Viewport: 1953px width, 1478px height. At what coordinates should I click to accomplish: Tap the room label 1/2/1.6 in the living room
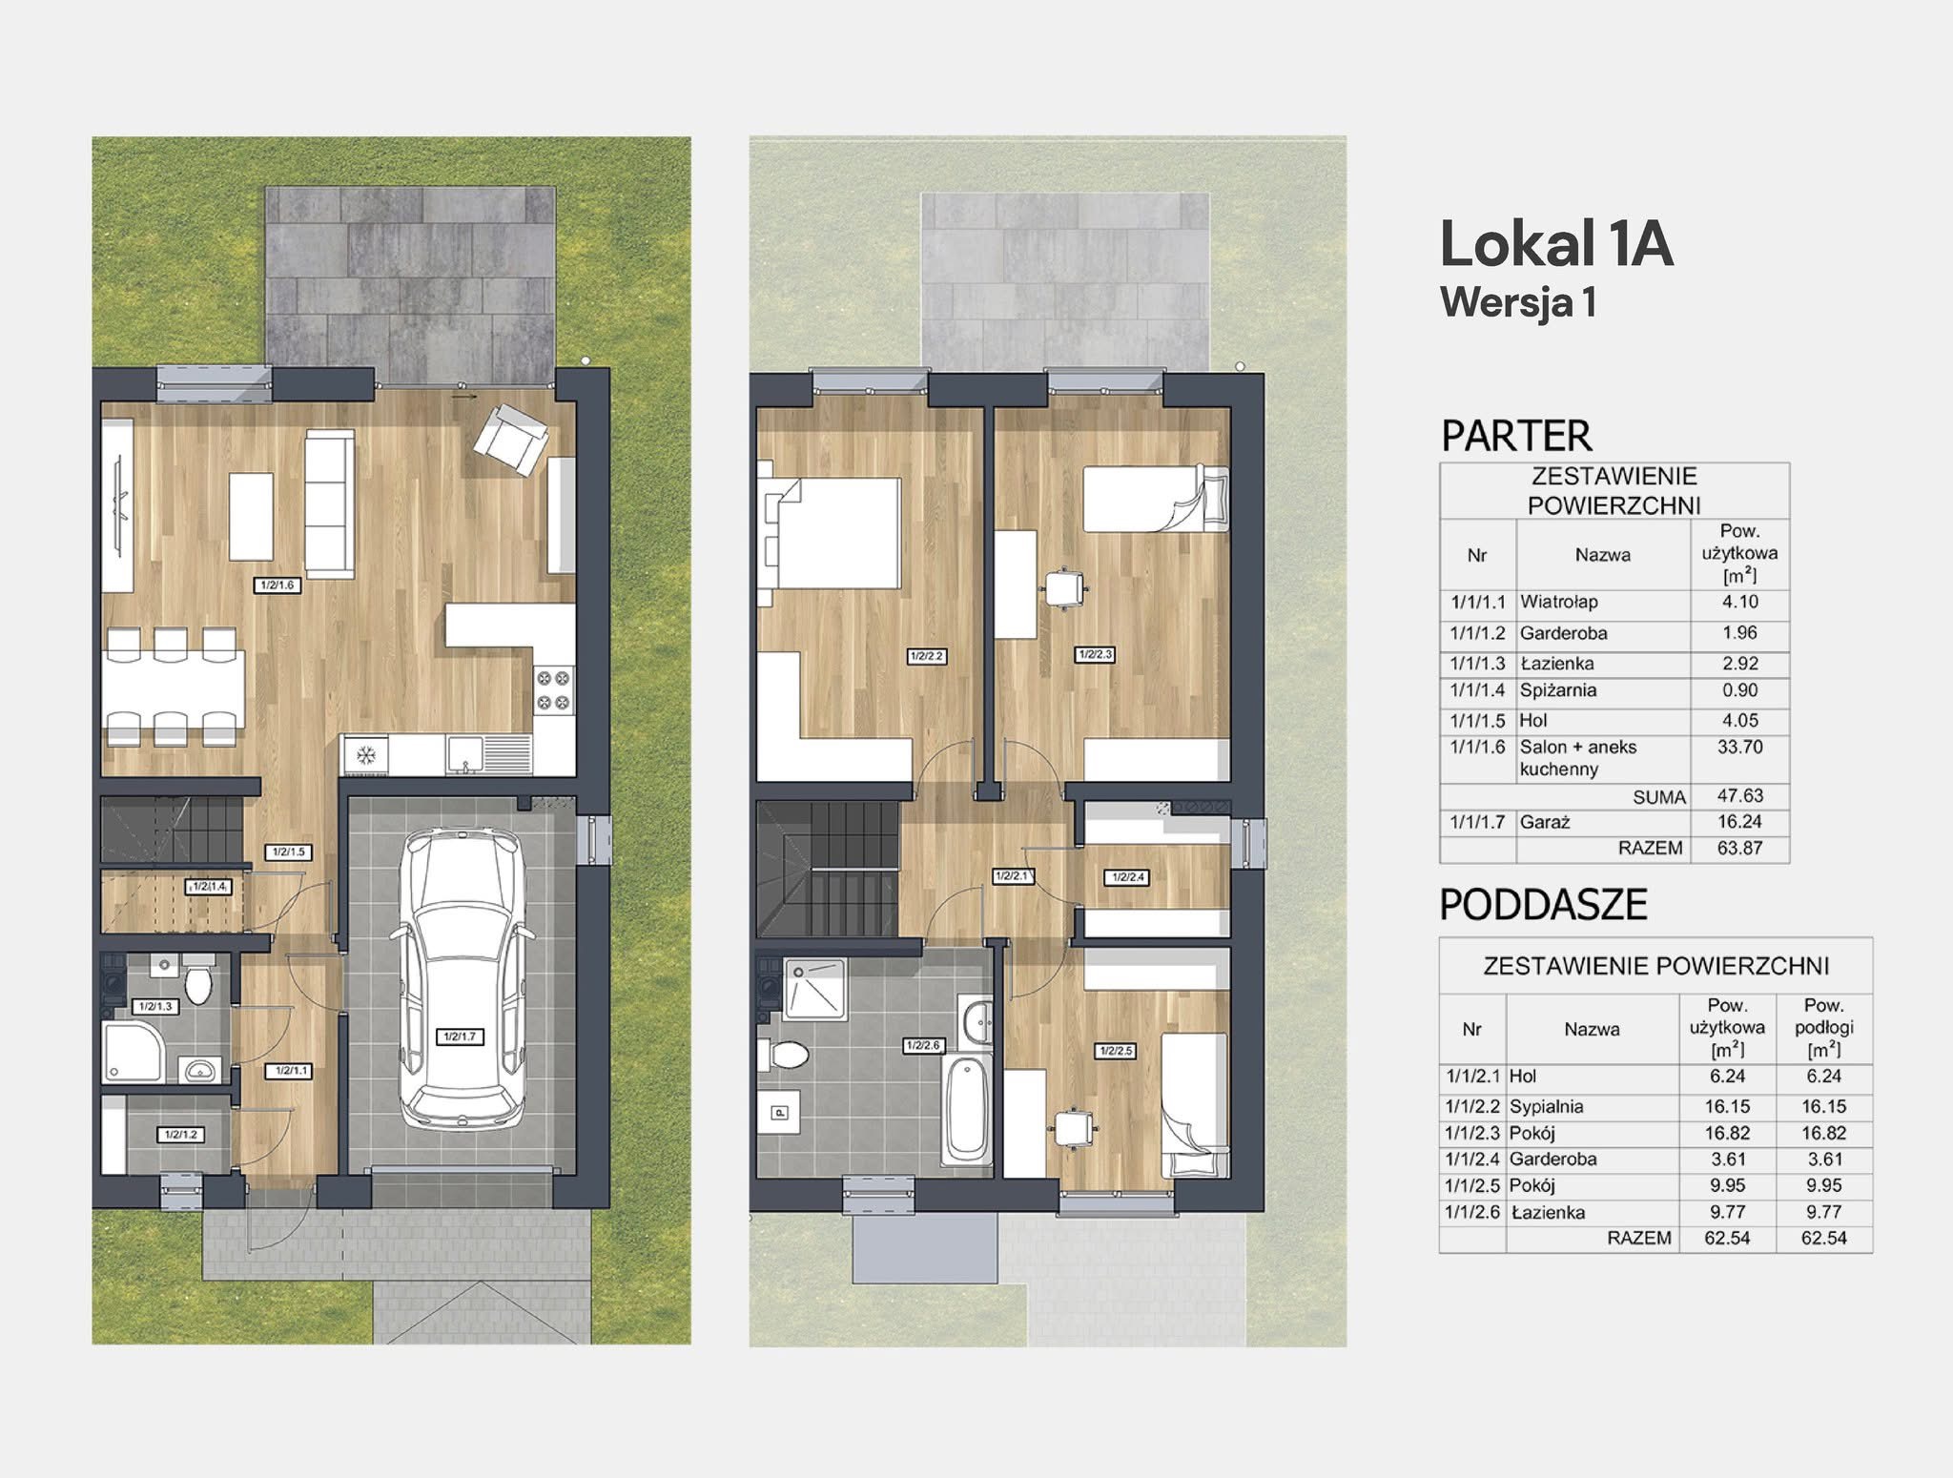[x=278, y=585]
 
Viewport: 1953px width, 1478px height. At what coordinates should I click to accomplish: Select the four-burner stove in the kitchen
[x=554, y=691]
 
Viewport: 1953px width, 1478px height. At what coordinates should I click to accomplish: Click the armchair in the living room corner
[x=511, y=440]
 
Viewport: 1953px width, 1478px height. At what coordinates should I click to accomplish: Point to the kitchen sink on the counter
[x=465, y=753]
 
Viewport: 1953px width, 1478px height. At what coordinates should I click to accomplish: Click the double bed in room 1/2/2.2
[x=830, y=533]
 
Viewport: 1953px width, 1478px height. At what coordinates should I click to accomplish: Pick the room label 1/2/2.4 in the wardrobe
[x=1127, y=877]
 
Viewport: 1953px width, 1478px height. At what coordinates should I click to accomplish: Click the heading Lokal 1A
[x=1556, y=243]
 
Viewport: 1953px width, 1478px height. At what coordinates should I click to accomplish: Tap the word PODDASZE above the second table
[x=1544, y=905]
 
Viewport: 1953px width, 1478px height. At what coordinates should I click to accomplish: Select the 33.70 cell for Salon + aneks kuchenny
[x=1740, y=747]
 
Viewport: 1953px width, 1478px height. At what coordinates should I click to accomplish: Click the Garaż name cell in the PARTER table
[x=1545, y=822]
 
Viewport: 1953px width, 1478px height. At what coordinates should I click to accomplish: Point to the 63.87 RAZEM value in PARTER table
[x=1740, y=848]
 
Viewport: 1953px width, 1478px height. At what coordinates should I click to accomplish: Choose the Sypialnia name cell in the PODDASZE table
[x=1547, y=1107]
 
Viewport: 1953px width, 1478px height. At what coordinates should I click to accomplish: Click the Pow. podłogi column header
[x=1824, y=1028]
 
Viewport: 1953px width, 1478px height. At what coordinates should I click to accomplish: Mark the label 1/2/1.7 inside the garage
[x=460, y=1037]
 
